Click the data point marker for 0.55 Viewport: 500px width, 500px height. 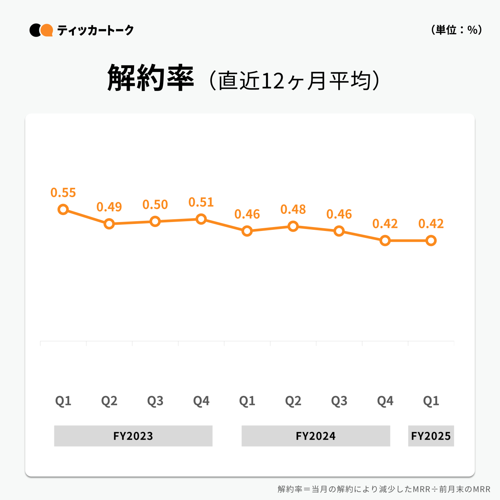[x=63, y=210]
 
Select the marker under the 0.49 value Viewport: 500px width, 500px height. [x=109, y=224]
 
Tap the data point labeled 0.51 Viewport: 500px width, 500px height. [x=201, y=219]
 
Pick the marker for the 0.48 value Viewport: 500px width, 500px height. [x=293, y=226]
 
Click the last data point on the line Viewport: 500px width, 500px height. [x=431, y=241]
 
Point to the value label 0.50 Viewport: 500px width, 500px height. [x=155, y=205]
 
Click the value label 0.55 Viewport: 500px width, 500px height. [x=63, y=192]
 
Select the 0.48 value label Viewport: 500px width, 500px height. [x=293, y=210]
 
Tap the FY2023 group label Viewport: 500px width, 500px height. [x=133, y=436]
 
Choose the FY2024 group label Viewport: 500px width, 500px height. [x=315, y=436]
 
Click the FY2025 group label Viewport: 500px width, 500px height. [x=431, y=436]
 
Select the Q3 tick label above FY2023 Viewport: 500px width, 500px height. [x=155, y=401]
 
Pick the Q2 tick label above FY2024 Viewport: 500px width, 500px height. [x=293, y=401]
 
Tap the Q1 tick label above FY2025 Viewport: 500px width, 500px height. [x=431, y=401]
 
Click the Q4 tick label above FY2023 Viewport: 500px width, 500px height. [x=201, y=401]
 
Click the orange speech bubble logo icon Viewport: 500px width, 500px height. [x=47, y=30]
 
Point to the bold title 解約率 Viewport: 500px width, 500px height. [x=150, y=78]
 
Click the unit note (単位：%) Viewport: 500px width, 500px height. [x=456, y=30]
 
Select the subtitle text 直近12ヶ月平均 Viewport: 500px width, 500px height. [x=294, y=81]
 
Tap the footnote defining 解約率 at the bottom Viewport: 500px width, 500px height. [x=384, y=489]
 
